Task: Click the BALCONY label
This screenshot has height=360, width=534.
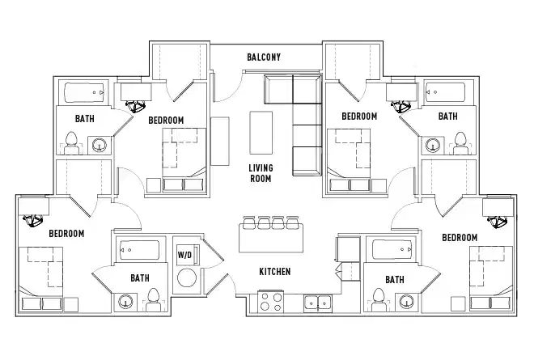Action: (x=264, y=57)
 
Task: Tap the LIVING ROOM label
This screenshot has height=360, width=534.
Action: (x=261, y=173)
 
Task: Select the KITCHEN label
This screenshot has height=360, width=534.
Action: (x=274, y=272)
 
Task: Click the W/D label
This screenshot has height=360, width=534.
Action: (x=184, y=256)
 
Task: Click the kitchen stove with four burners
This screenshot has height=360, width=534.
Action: (x=270, y=303)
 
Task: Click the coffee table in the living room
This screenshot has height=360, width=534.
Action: (x=261, y=133)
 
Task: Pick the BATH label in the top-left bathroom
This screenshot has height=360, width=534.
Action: (x=85, y=118)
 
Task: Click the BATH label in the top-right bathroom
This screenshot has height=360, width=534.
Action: (x=447, y=116)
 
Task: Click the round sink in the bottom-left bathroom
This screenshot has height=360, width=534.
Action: (x=125, y=303)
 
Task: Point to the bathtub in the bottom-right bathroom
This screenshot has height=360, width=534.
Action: (x=391, y=249)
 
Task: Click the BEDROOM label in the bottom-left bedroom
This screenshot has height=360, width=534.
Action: (x=66, y=234)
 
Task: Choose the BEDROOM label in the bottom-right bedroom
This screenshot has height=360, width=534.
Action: (x=460, y=237)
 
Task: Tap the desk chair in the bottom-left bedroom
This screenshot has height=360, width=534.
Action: (x=33, y=218)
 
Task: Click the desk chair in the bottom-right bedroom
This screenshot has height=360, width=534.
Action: (x=496, y=218)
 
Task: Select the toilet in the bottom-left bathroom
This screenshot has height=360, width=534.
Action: (x=151, y=302)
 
